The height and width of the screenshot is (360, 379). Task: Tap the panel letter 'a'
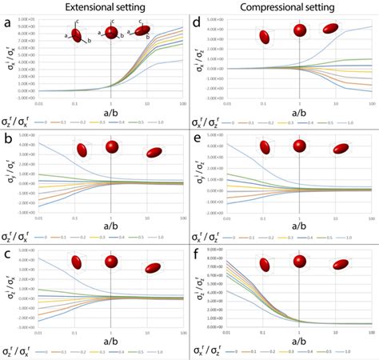click(x=7, y=24)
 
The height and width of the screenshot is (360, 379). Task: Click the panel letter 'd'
click(x=196, y=24)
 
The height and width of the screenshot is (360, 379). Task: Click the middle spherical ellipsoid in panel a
click(x=111, y=34)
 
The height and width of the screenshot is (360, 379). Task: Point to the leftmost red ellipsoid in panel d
click(x=264, y=36)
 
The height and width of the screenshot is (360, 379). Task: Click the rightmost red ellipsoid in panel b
click(x=151, y=153)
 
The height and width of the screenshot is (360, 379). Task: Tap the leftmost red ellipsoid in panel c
click(x=78, y=262)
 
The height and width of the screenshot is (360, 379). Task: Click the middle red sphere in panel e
click(x=299, y=146)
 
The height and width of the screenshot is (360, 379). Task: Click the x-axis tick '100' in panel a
click(x=183, y=103)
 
